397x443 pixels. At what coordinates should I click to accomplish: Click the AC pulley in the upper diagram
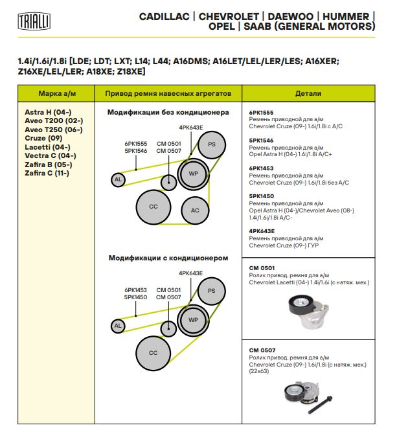coord(195,210)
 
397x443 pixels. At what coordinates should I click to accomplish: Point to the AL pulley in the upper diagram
coord(118,179)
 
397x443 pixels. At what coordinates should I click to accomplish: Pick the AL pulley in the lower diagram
coord(118,326)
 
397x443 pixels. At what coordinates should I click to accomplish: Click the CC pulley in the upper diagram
coord(153,207)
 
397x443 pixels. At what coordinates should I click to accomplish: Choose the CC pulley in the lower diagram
coord(153,353)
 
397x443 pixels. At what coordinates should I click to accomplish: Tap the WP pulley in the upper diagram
coord(193,174)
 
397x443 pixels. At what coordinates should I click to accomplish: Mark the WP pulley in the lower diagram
coord(193,320)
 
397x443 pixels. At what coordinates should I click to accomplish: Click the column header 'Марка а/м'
coord(58,93)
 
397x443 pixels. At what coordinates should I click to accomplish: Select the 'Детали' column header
coord(308,93)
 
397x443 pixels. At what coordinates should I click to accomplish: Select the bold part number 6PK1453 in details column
coord(262,168)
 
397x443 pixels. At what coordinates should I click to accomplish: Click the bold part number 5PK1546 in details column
coord(262,140)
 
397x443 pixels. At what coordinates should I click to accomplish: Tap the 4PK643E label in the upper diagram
coord(191,128)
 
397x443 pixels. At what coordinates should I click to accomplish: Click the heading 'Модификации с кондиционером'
coord(168,258)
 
